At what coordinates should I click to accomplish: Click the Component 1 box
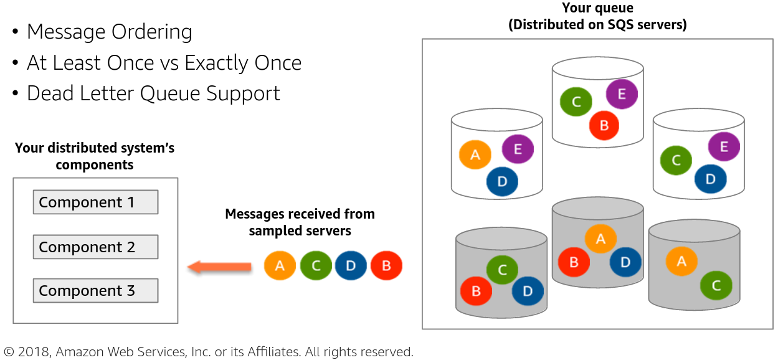95,202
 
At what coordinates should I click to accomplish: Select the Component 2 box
95,247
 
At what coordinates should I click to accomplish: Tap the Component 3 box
95,291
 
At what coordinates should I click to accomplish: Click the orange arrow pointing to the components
219,267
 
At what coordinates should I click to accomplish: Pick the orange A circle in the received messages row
280,266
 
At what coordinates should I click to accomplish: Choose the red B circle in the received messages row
386,266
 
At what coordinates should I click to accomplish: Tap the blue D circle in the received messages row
351,266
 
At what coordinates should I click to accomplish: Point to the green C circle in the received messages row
316,266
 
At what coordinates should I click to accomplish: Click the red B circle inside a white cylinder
604,125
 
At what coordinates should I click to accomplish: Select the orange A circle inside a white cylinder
475,155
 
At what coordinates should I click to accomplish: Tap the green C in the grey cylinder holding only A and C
716,286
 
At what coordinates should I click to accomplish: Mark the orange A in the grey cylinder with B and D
600,239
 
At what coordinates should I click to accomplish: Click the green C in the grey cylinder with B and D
502,270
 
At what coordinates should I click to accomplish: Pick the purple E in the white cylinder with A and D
518,149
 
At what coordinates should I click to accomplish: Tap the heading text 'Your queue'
597,9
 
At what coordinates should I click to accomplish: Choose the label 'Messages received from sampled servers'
300,222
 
